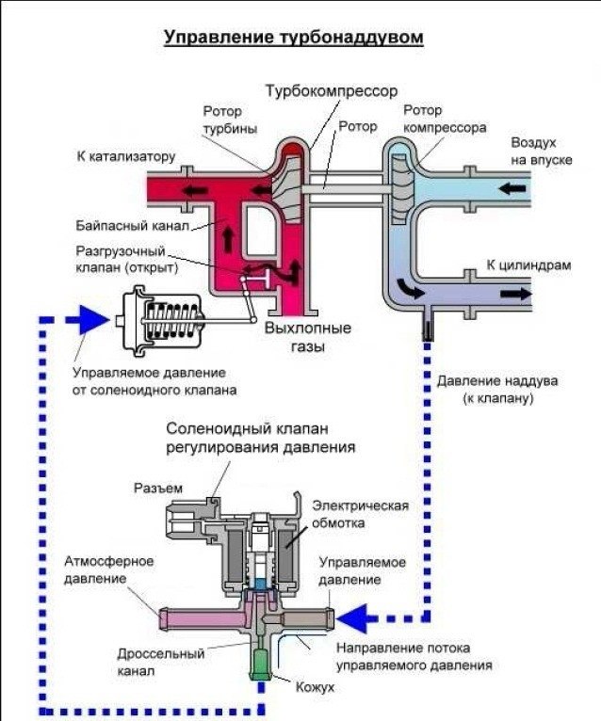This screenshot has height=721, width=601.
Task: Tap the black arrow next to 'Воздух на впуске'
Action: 513,188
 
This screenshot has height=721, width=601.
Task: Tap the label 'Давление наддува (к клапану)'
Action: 498,390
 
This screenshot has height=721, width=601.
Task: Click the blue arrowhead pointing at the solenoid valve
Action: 351,618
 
